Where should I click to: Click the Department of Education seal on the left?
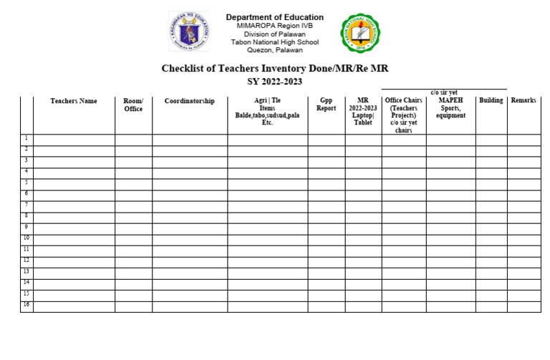click(189, 31)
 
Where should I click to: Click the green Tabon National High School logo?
click(360, 34)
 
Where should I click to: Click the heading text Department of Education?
click(274, 17)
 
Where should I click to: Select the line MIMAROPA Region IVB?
click(274, 26)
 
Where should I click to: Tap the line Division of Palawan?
click(274, 34)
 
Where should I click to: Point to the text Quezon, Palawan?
click(274, 50)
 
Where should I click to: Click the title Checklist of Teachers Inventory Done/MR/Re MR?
click(274, 69)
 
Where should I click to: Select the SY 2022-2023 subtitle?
click(274, 82)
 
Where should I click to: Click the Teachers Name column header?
click(74, 102)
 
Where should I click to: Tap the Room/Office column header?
click(133, 105)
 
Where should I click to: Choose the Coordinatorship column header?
click(189, 102)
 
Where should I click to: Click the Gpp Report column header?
click(326, 105)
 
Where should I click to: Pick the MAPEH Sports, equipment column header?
click(450, 109)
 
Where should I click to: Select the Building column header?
click(491, 101)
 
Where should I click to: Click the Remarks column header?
click(524, 101)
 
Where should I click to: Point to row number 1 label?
click(26, 138)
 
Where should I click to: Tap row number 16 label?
click(26, 305)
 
